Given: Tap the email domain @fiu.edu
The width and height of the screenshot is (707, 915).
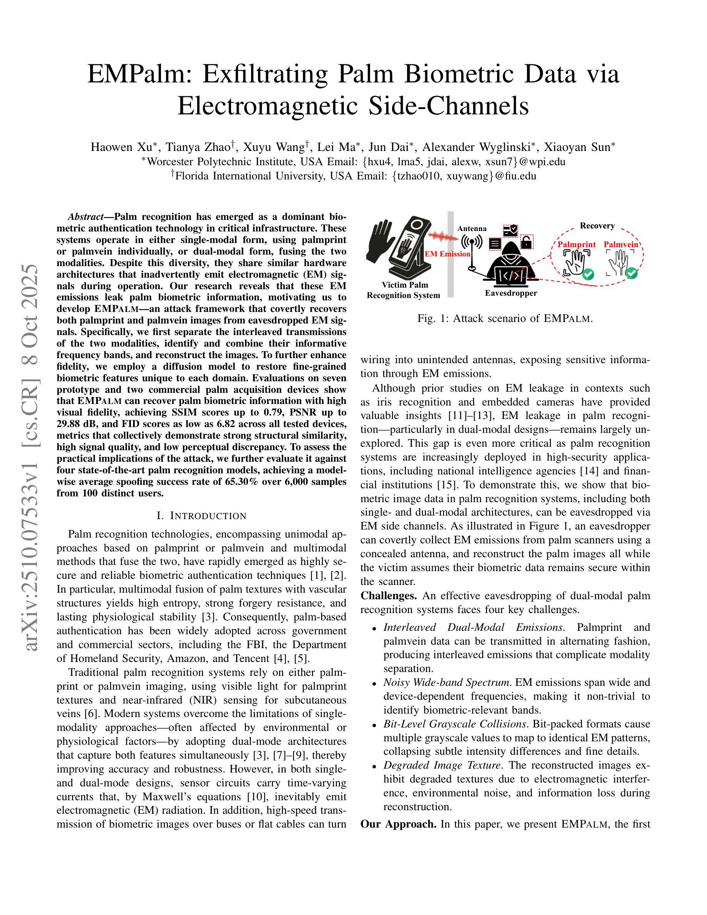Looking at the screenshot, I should (516, 176).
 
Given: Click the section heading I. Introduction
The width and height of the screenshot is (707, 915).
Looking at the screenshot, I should (201, 516).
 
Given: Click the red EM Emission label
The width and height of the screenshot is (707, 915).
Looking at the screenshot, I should (447, 254).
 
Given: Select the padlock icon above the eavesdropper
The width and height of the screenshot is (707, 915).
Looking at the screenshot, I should (526, 242).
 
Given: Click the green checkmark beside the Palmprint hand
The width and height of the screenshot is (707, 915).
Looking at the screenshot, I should (588, 275).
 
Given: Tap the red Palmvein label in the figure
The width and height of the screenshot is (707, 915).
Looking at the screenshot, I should (621, 245).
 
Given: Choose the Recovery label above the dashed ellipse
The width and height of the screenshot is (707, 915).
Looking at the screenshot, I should (597, 226).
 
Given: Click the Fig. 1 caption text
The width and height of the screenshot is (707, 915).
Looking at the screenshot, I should (505, 318).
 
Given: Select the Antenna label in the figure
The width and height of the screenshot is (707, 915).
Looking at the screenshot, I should (472, 228).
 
